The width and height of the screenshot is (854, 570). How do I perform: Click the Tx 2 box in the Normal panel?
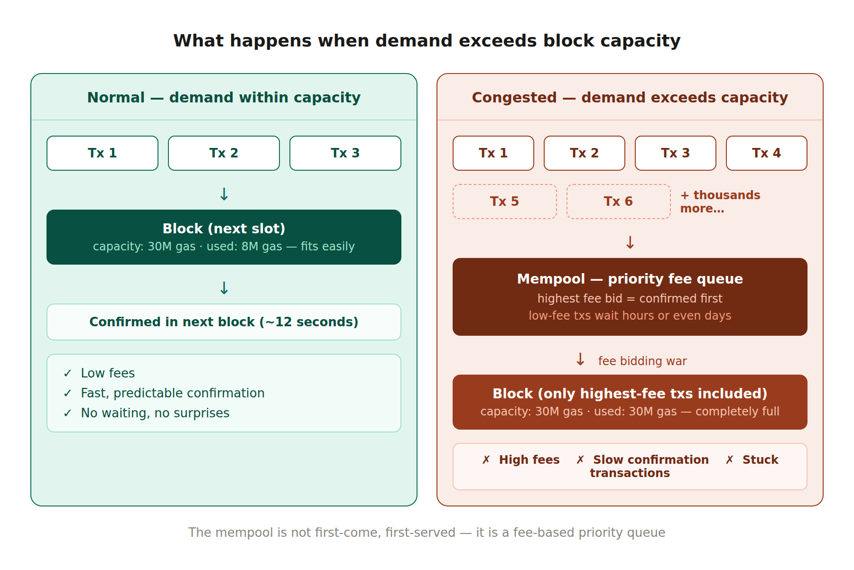click(x=223, y=153)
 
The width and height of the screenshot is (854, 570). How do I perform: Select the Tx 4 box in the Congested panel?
click(x=766, y=153)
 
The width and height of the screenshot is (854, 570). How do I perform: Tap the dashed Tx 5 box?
click(x=504, y=202)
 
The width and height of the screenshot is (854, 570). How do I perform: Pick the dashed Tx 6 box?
click(x=618, y=202)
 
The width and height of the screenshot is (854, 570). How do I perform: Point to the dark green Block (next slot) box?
click(x=223, y=237)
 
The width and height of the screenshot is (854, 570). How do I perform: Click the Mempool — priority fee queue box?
click(x=630, y=297)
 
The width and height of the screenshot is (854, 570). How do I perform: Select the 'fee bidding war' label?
click(x=642, y=361)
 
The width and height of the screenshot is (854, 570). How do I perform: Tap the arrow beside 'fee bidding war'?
click(x=580, y=359)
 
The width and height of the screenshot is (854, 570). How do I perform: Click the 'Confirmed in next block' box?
click(x=223, y=322)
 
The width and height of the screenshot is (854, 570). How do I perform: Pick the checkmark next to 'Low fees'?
click(x=67, y=374)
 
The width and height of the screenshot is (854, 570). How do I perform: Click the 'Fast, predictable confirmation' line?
click(x=172, y=393)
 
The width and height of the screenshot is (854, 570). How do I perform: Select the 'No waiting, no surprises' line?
click(x=155, y=413)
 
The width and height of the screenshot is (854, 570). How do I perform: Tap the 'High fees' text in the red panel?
click(x=529, y=460)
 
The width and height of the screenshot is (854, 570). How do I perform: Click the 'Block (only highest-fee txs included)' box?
click(x=630, y=402)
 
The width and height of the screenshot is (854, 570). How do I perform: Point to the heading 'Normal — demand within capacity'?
click(x=223, y=98)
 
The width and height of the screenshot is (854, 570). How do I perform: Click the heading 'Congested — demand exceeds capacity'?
click(x=630, y=98)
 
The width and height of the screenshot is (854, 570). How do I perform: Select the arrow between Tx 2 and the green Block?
click(x=224, y=194)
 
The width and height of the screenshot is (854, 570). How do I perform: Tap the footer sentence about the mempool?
click(x=427, y=533)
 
